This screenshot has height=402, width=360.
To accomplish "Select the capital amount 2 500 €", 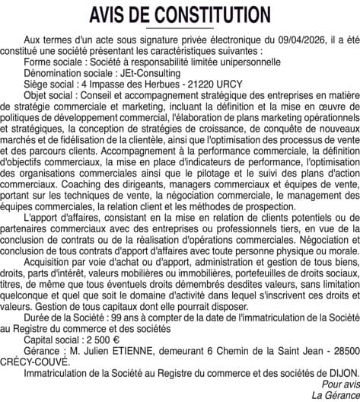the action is point(94,340).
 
